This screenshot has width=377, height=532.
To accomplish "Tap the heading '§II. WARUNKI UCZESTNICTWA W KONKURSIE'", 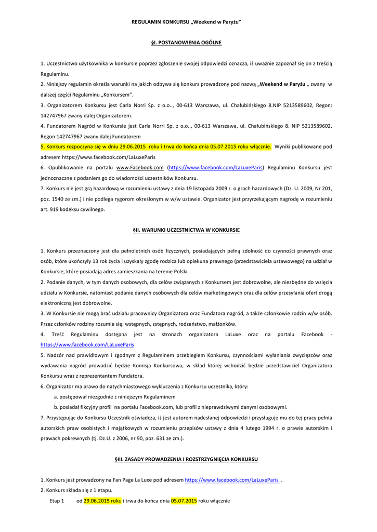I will (186, 230).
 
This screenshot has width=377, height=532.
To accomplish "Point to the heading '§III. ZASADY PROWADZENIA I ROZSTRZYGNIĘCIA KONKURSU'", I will (186, 459).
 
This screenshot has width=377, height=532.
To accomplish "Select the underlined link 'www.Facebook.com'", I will (140, 168).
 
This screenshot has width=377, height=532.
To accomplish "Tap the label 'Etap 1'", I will (57, 501).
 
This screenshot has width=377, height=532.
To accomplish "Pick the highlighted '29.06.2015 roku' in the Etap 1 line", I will (102, 501).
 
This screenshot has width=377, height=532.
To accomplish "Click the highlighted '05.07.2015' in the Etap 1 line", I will (184, 501).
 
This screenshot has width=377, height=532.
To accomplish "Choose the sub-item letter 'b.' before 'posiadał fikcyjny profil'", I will (56, 407).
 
